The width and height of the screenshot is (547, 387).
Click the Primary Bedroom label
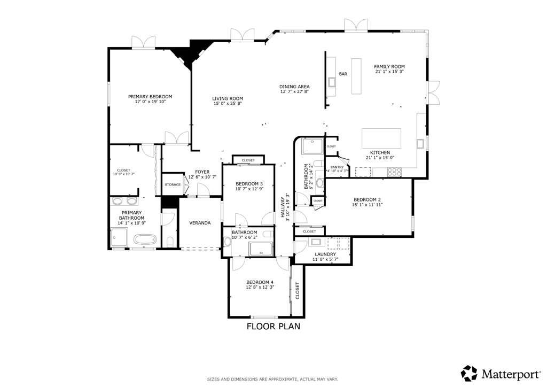point(150,97)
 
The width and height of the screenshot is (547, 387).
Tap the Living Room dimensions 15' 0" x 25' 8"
point(228,103)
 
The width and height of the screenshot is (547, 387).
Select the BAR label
point(343,74)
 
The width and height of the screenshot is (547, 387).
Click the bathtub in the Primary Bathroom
point(145,240)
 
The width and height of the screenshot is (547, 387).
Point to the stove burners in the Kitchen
point(394,172)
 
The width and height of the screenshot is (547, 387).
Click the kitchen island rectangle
point(381,138)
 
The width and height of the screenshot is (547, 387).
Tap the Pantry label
point(337,167)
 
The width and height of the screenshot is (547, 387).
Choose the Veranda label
point(200,223)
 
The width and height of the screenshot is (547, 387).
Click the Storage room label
point(173,184)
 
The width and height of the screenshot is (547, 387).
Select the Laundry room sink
point(316,242)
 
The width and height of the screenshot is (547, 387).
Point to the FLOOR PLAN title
point(273,326)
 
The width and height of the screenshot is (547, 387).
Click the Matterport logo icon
point(469,374)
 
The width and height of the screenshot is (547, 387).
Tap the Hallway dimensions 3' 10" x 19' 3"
point(288,207)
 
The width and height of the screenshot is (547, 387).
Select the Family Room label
point(389,67)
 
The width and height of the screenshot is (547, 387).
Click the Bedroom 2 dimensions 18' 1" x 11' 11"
point(368,205)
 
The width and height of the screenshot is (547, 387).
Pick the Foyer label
point(202,172)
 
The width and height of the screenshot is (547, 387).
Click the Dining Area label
point(294,87)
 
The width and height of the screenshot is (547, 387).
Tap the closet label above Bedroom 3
point(248,160)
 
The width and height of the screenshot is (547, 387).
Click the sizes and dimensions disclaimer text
point(272,379)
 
